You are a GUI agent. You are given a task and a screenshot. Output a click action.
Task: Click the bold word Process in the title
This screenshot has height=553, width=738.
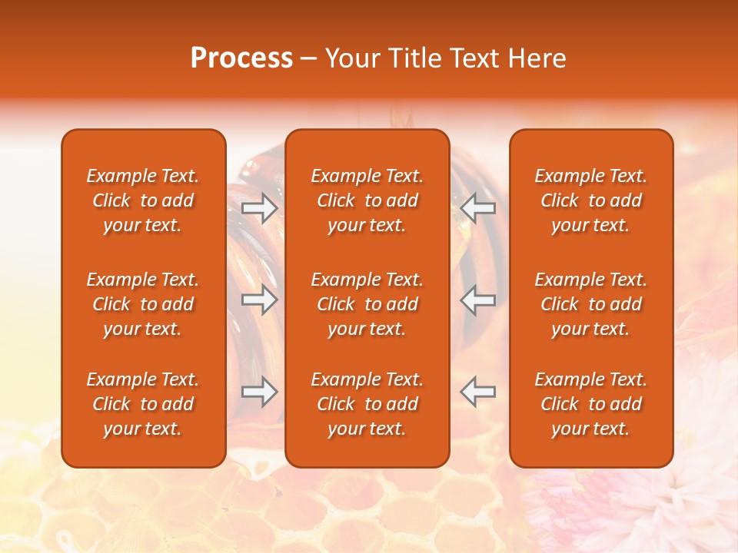coord(241,58)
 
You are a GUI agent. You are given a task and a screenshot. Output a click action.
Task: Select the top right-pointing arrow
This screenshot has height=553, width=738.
coord(259,207)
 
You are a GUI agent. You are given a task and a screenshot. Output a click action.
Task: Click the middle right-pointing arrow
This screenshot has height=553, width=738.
coord(259,300)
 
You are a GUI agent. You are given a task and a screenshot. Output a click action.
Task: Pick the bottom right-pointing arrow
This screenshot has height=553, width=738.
coord(259,392)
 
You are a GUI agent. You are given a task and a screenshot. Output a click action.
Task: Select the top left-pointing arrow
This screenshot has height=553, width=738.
coord(478,207)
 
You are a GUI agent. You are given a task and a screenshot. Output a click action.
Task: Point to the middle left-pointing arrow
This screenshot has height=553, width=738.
coord(478,300)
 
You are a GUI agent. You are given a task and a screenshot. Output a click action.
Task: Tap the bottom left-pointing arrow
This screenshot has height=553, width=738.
coord(478,392)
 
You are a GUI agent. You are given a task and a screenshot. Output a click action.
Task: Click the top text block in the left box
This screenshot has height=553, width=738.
coord(143,200)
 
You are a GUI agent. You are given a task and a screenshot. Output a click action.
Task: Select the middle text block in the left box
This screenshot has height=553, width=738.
coord(143,304)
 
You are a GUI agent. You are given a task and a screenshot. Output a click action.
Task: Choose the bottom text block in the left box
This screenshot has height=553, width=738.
coord(143,404)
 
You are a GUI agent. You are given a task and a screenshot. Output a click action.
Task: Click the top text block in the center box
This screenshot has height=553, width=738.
coord(367,200)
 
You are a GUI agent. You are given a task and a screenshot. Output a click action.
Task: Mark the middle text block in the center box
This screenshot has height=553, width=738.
coord(367,304)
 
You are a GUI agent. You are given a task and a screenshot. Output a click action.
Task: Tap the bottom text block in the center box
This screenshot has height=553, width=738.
coord(367,404)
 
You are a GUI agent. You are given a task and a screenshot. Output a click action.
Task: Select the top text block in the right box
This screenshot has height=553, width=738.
coord(590,200)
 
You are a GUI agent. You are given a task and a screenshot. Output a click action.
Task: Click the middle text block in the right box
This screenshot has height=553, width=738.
coord(590,304)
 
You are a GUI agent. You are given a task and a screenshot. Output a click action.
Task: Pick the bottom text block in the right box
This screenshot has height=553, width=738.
coord(590,404)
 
